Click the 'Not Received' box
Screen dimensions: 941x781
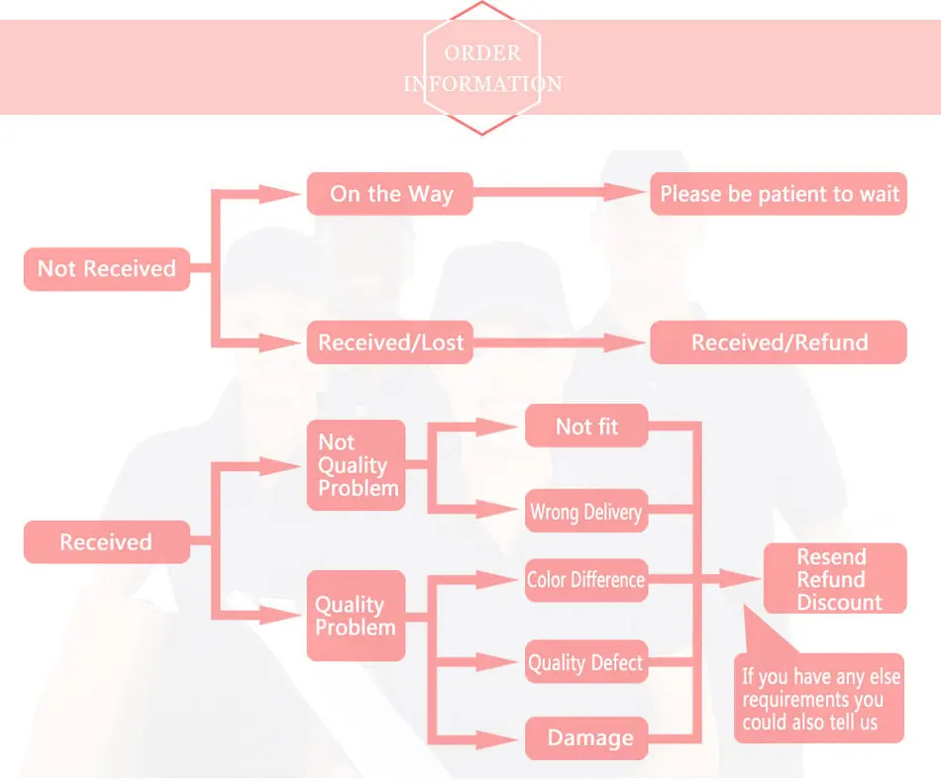coord(107,268)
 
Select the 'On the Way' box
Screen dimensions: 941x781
coord(390,194)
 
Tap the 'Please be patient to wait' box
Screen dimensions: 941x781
coord(779,194)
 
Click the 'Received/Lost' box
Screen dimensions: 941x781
coord(390,342)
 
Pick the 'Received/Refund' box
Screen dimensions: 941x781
coord(779,342)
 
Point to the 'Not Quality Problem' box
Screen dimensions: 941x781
coord(357,465)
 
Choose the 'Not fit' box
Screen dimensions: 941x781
coord(586,426)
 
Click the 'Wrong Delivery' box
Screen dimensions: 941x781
coord(586,511)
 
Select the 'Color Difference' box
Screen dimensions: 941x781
coord(586,580)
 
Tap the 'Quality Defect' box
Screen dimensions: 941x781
coord(586,662)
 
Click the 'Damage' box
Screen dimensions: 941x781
coord(586,737)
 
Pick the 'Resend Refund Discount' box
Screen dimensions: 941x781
coord(835,578)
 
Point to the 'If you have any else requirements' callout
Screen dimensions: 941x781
coord(819,698)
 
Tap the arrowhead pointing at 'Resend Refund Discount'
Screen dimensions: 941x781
coord(739,579)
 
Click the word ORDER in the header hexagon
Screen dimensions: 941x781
coord(482,52)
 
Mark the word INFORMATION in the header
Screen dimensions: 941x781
coord(482,84)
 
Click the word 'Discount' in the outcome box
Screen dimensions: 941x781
coord(840,602)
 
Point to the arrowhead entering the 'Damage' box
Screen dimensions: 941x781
coord(497,739)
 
